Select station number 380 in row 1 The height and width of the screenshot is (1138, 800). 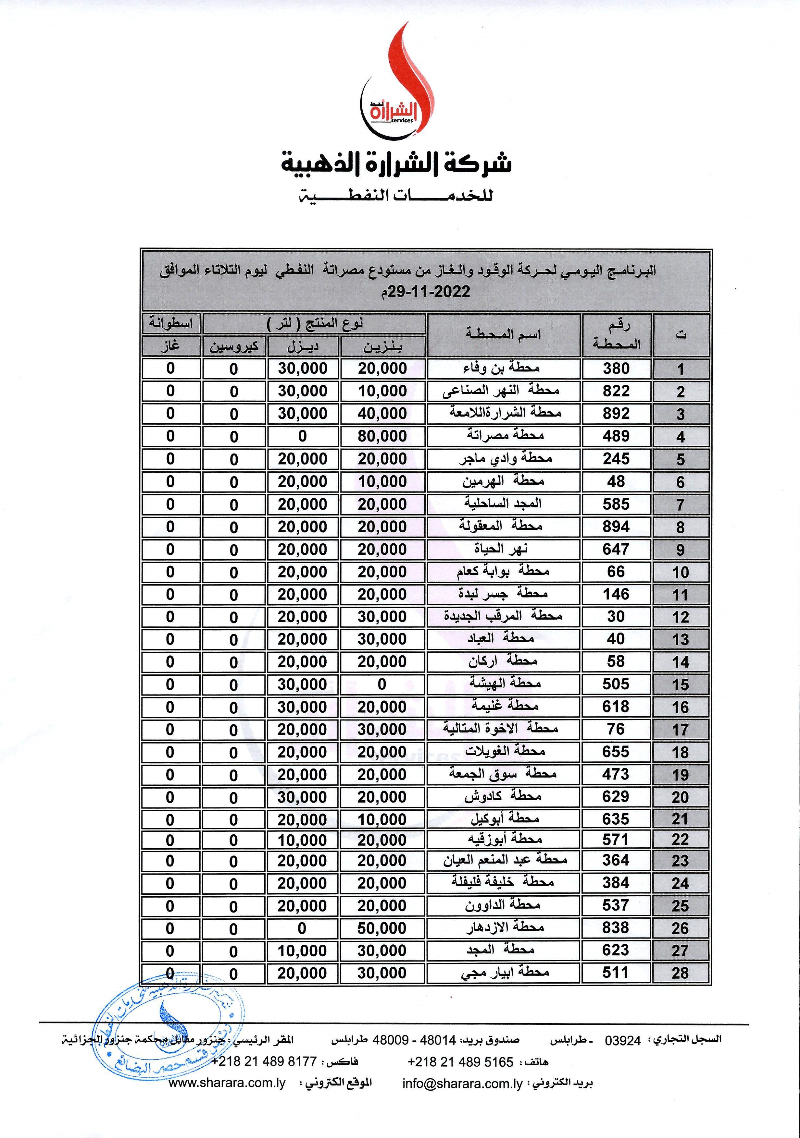tap(616, 368)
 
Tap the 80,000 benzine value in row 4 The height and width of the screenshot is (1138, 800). tap(382, 436)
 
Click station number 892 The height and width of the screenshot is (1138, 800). tap(616, 413)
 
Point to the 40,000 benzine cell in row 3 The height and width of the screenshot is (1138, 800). tap(382, 413)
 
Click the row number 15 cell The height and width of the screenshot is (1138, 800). tap(681, 684)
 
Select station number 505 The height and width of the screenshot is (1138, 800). tap(616, 684)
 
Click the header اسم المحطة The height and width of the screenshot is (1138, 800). tap(503, 334)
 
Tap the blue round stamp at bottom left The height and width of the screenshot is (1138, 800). tap(169, 1031)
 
